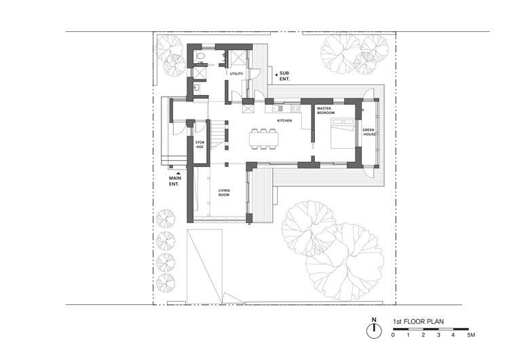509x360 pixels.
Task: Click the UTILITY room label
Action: [236, 74]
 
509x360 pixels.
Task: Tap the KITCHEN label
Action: [284, 120]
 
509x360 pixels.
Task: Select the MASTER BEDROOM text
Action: [326, 111]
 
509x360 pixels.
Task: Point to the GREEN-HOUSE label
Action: [369, 132]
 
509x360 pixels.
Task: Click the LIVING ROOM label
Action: [224, 193]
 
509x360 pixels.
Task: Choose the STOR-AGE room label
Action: [200, 145]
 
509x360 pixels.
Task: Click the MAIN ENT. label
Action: [175, 181]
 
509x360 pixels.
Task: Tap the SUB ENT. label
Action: [284, 76]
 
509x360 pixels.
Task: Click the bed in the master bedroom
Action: [343, 133]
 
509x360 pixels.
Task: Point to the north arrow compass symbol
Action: [374, 330]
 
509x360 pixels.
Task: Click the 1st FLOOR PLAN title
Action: [418, 322]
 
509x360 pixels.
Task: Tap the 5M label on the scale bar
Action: [471, 335]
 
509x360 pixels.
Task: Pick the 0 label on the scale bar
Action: [393, 335]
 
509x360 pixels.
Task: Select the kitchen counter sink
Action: [278, 108]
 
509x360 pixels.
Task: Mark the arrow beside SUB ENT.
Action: [276, 75]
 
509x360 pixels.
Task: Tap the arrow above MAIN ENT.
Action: [178, 173]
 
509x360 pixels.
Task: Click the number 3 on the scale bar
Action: [438, 335]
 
